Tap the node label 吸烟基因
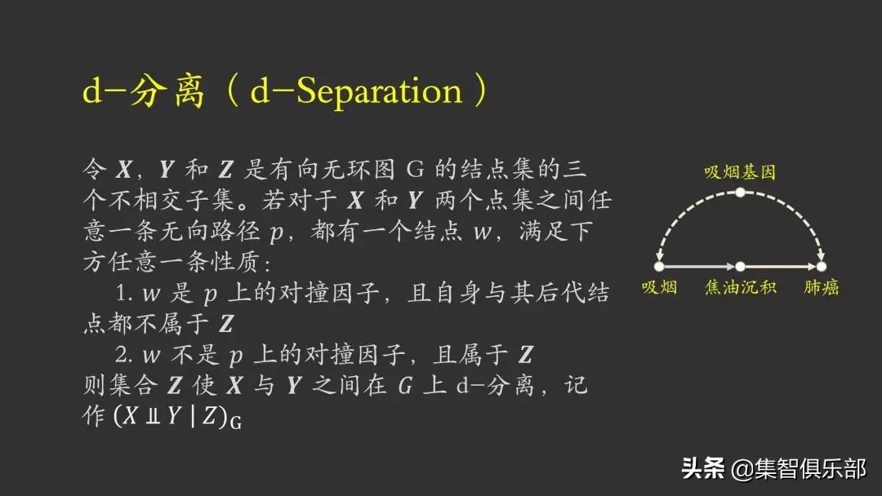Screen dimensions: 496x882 coord(739,172)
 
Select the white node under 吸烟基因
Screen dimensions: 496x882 coord(739,193)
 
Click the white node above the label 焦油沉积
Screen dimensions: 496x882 coord(739,266)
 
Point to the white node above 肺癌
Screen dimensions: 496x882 coord(821,266)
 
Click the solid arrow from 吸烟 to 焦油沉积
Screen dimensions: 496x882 coord(699,266)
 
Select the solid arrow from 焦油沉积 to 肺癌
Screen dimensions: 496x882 coord(781,266)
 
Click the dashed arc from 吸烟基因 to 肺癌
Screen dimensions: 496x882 coord(796,216)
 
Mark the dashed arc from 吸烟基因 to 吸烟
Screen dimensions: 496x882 coord(682,216)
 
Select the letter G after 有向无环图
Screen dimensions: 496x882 coord(413,170)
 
